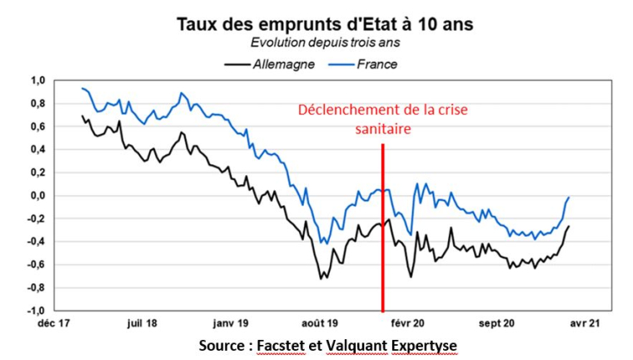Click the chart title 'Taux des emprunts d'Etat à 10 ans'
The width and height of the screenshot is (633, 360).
324,24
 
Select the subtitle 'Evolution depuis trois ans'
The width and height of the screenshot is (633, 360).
324,42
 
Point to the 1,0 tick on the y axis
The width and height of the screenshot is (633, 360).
37,81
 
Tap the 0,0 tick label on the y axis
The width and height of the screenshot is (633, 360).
37,196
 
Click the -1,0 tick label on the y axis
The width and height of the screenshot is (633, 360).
36,311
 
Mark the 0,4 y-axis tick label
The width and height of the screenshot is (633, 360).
37,150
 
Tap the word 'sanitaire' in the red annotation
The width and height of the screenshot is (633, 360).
382,129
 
